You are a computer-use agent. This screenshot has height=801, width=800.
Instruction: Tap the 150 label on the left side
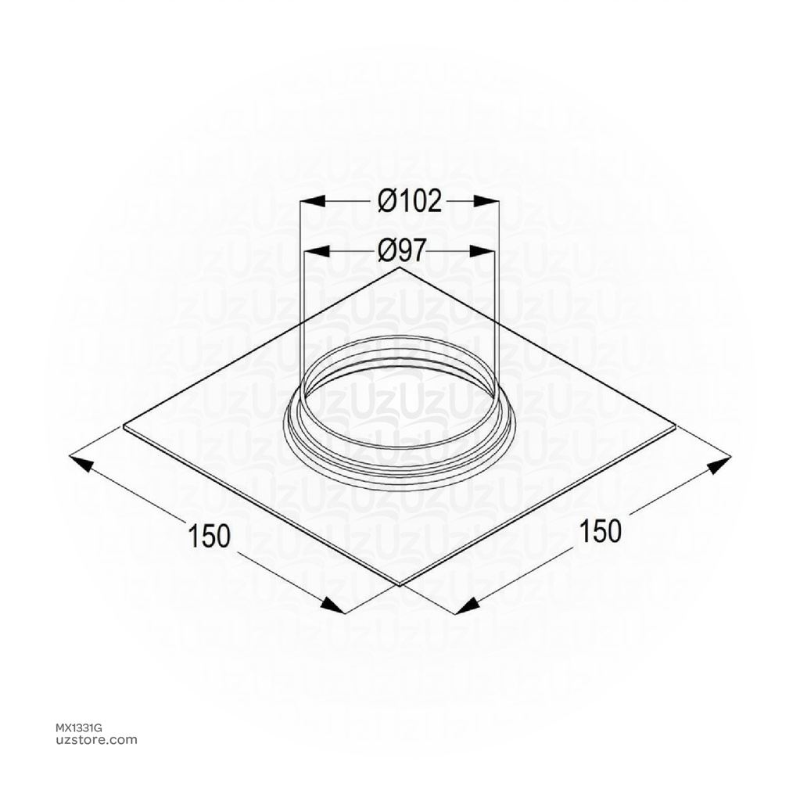pyautogui.click(x=210, y=536)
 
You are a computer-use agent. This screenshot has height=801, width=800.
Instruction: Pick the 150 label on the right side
pyautogui.click(x=601, y=531)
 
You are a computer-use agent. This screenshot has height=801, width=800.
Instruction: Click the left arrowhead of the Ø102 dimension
pyautogui.click(x=312, y=202)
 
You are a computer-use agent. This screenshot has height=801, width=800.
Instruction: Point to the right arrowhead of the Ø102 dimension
pyautogui.click(x=486, y=202)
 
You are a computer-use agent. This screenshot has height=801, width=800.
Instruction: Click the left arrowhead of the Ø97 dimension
pyautogui.click(x=314, y=251)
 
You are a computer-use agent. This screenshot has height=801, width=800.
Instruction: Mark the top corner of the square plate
pyautogui.click(x=400, y=268)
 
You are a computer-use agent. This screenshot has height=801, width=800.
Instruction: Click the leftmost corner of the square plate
pyautogui.click(x=125, y=426)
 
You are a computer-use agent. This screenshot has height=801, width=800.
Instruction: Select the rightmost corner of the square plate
pyautogui.click(x=676, y=426)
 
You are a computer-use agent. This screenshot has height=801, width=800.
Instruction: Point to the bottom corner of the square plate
pyautogui.click(x=400, y=585)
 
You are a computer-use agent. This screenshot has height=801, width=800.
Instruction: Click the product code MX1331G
pyautogui.click(x=84, y=727)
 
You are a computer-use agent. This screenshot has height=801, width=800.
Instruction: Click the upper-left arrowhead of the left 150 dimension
pyautogui.click(x=82, y=462)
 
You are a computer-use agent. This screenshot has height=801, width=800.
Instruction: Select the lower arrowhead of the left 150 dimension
pyautogui.click(x=332, y=605)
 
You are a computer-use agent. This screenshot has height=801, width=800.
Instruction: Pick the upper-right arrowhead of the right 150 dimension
pyautogui.click(x=718, y=466)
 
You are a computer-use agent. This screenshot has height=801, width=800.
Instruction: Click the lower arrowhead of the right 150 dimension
pyautogui.click(x=468, y=605)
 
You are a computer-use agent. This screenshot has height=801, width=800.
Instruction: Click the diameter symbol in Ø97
pyautogui.click(x=388, y=251)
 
